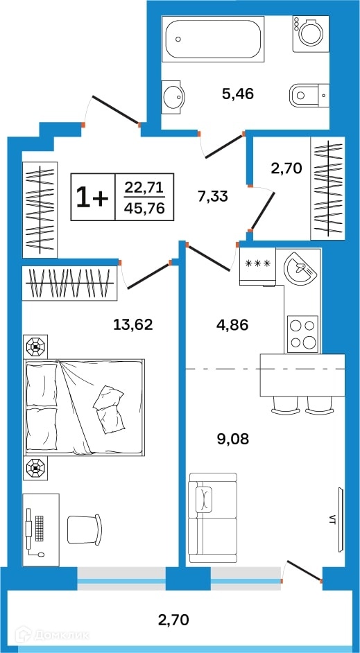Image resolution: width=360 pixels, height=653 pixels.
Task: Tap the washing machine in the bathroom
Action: [311, 34]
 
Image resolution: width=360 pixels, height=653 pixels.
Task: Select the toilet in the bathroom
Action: [309, 95]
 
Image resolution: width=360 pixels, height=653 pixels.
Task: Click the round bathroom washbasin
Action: [171, 97]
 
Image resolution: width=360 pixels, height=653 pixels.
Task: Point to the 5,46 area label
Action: [238, 94]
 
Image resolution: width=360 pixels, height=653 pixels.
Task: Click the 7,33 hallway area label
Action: [212, 195]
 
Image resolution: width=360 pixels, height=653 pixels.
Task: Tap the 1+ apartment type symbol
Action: [92, 197]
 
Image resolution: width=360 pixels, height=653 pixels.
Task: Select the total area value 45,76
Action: [144, 207]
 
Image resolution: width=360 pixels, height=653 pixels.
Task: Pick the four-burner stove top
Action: [303, 334]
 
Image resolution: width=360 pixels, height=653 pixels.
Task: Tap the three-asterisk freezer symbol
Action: [258, 263]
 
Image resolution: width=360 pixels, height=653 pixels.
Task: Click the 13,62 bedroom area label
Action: [133, 324]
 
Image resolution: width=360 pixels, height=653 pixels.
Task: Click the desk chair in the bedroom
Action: [85, 529]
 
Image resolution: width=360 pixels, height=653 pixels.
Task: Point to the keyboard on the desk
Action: [40, 528]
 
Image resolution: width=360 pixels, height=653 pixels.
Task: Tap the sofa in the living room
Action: [212, 518]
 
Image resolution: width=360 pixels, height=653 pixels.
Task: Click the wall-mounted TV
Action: [341, 519]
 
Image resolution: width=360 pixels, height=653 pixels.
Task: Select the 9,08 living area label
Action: [233, 439]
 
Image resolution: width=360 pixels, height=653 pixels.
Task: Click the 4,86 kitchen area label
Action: [232, 324]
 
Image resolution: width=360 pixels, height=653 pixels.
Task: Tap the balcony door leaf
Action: [304, 571]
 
